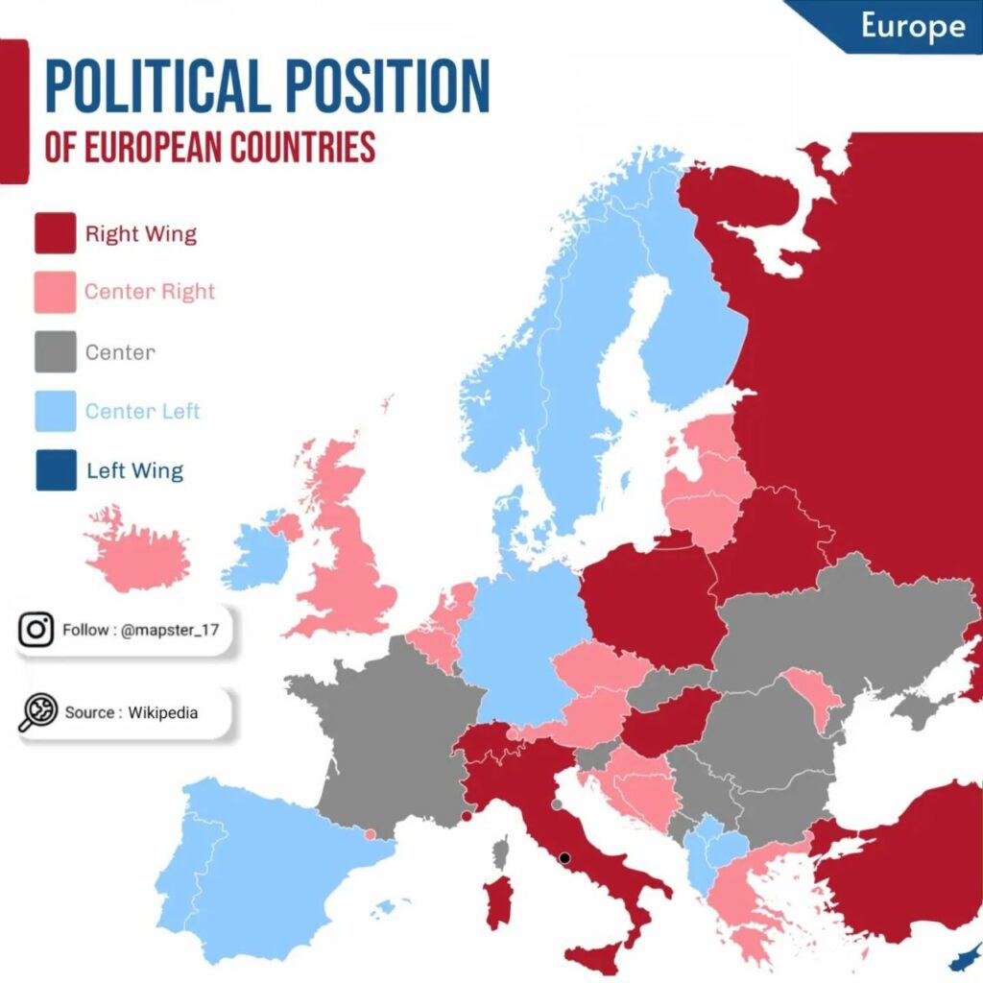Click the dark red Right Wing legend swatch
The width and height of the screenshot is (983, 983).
pos(56,233)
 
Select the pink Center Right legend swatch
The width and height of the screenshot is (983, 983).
pos(56,292)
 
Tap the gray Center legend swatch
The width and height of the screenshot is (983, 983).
pos(56,351)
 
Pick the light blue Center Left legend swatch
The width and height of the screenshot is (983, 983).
pos(56,411)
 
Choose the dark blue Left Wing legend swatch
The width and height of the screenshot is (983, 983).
pos(56,470)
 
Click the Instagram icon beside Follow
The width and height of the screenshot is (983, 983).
pos(36,630)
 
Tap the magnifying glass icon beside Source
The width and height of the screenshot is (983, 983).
pos(36,713)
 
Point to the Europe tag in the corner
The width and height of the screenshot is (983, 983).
pos(912,26)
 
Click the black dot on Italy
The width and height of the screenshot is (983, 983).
pos(565,857)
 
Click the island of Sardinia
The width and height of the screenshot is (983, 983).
pos(498,901)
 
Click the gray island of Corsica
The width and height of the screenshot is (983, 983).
pos(500,851)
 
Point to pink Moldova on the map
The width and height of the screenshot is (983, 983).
pos(808,693)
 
